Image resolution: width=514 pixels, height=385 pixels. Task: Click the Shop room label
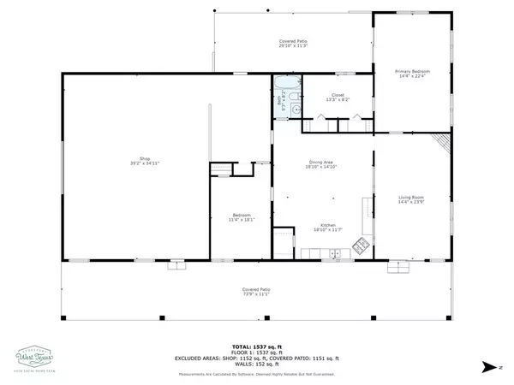pos(134,157)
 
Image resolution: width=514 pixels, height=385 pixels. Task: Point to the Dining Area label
pos(322,163)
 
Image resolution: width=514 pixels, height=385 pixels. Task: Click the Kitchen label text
pos(322,225)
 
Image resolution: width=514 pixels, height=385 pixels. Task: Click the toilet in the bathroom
pos(296,109)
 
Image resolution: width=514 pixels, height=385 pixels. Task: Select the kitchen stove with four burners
pos(361,251)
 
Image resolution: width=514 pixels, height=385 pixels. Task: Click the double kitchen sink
pos(335,252)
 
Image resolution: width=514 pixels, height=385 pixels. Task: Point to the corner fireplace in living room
pos(440,141)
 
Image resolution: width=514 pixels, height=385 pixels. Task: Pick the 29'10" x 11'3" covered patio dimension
pos(293,46)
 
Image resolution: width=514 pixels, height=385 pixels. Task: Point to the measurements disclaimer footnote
pos(256,373)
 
